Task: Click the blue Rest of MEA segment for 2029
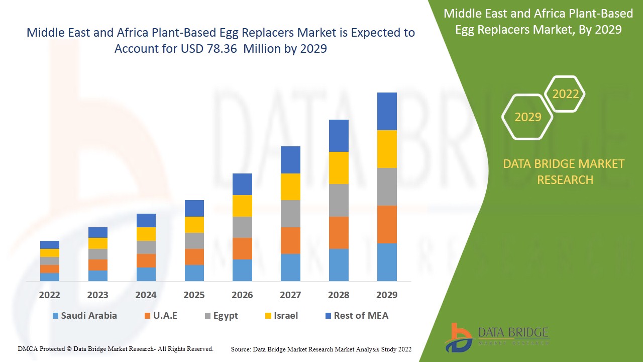pos(387,111)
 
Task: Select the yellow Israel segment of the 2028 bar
pos(339,168)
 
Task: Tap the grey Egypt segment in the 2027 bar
pos(290,214)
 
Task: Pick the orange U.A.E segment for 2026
pos(242,248)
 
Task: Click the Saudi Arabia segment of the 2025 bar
pos(194,273)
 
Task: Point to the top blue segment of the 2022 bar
pos(50,245)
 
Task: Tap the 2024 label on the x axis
pos(146,295)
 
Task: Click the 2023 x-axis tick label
pos(97,295)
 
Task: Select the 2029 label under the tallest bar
pos(387,295)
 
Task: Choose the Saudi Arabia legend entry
pos(84,316)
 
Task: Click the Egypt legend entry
pos(221,316)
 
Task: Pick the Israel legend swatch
pos(268,316)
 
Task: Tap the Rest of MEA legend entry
pos(357,316)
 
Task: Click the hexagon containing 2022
pos(565,94)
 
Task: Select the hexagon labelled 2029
pos(527,117)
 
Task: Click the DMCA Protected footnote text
pos(116,348)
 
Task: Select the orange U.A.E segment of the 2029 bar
pos(387,224)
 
